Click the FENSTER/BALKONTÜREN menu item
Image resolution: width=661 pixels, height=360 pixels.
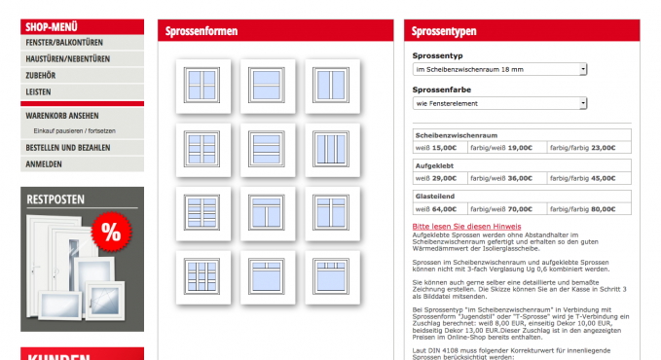tap(64, 43)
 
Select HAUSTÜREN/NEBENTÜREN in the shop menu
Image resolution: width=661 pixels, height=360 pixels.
tap(67, 59)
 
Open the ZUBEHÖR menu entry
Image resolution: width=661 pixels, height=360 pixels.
tap(41, 76)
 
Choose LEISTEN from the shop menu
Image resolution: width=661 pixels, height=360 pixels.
tap(38, 91)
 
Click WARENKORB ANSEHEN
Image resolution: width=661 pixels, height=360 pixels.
tap(62, 116)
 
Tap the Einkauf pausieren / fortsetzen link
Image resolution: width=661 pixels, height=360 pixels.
tap(75, 131)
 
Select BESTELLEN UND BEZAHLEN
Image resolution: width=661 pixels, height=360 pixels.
tap(68, 148)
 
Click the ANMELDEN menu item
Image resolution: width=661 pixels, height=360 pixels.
tap(44, 164)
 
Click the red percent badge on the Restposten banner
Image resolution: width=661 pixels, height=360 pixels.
tap(111, 232)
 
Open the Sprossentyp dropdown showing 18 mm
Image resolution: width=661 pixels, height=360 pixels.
tap(499, 69)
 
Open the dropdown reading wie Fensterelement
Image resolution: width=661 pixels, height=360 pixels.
tap(499, 103)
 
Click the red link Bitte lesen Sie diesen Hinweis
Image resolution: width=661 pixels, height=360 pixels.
tap(466, 227)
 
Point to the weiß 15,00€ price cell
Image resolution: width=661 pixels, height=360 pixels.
tap(441, 148)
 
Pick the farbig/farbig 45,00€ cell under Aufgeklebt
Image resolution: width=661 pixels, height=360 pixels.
tap(589, 178)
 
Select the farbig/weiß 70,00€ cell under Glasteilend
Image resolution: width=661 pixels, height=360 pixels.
tap(507, 209)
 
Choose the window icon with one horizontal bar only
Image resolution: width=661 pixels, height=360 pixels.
tap(268, 86)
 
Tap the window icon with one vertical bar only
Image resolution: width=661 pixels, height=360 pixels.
tap(332, 86)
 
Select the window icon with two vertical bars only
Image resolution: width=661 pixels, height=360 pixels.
tap(332, 150)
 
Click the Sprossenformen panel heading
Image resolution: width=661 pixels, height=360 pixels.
tap(202, 31)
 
